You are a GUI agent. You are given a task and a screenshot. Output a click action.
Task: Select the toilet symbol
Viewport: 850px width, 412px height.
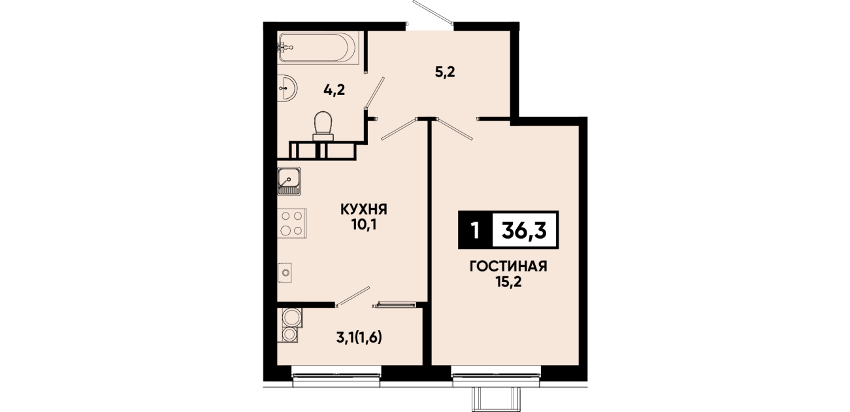click(x=323, y=126)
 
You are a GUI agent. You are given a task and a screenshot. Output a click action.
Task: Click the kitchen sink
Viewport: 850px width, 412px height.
click(x=289, y=181)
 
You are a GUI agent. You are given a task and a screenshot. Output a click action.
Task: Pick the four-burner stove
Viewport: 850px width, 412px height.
click(x=292, y=223)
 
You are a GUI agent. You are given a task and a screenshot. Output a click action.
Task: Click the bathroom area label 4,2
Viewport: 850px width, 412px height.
click(x=334, y=90)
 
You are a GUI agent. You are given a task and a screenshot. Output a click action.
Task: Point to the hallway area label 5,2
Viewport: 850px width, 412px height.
click(x=445, y=72)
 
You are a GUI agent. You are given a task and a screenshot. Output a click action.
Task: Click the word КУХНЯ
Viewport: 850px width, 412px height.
click(x=363, y=209)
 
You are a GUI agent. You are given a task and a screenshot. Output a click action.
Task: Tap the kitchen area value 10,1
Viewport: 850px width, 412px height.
click(x=363, y=225)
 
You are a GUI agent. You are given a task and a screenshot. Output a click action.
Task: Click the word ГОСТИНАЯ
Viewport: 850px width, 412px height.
click(x=508, y=267)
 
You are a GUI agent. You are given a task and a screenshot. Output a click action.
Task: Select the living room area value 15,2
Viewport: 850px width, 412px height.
click(x=508, y=283)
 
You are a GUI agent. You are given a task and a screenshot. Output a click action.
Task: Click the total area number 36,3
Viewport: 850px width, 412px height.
click(x=524, y=230)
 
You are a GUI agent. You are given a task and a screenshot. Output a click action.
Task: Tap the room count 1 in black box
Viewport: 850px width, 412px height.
click(x=474, y=230)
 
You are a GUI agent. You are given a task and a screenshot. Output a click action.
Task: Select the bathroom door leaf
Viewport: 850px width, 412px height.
click(x=374, y=93)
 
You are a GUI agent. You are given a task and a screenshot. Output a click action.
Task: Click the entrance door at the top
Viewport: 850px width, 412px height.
click(x=433, y=12)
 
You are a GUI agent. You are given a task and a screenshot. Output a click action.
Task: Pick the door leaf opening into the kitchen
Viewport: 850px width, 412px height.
click(x=399, y=129)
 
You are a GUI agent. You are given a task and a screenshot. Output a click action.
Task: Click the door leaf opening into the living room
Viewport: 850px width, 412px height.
click(x=455, y=129)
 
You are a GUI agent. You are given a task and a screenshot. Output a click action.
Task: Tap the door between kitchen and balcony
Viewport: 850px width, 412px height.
click(x=353, y=296)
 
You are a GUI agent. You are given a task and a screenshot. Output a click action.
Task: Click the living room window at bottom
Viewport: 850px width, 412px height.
click(x=496, y=376)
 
